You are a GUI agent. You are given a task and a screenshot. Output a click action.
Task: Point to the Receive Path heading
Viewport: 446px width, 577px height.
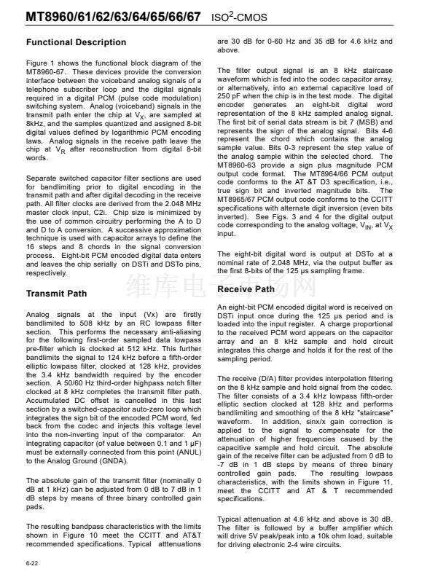pos(246,289)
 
